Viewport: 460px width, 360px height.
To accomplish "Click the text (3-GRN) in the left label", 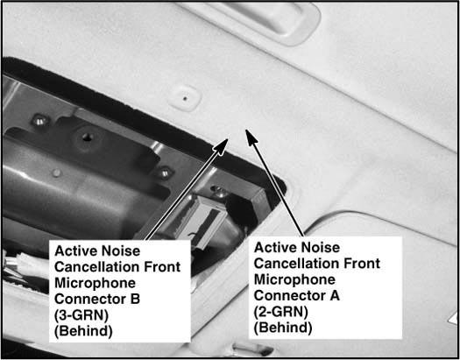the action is [81, 315].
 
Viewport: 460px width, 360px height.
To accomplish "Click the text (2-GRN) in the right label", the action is [280, 312].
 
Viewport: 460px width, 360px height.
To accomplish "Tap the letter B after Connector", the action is [135, 300].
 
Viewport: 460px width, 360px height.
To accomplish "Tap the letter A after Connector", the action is [335, 295].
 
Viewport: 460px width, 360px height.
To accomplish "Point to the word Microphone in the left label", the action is [95, 283].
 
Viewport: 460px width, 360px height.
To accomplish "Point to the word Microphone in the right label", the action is [294, 279].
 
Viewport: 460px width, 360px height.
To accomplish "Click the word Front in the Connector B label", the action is [162, 267].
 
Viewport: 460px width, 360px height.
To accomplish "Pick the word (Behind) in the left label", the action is [83, 332].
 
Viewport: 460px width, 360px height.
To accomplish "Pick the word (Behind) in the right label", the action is [283, 328].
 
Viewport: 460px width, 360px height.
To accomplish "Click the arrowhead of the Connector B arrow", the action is [221, 145].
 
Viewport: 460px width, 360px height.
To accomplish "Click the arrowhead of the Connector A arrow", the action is [251, 137].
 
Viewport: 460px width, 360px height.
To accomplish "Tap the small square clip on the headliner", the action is [185, 98].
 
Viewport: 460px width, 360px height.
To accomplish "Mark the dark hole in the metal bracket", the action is [87, 137].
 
